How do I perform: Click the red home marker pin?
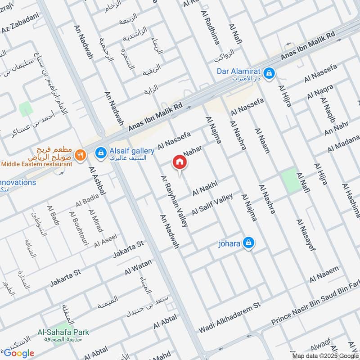pos(179,162)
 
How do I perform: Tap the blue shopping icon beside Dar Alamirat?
pos(269,72)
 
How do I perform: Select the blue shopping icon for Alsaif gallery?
pos(101,153)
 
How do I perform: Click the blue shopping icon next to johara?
pos(248,243)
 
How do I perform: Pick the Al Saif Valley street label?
pos(212,204)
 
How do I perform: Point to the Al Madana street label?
pos(343,143)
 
